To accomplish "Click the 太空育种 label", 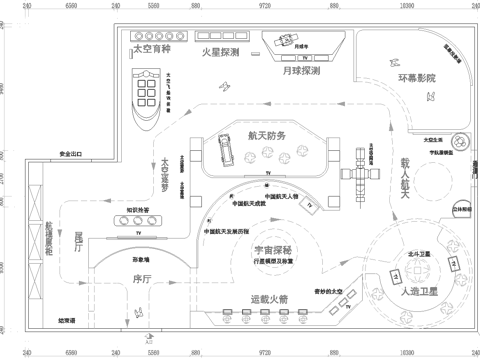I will pyautogui.click(x=152, y=48).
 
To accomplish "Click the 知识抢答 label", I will pyautogui.click(x=137, y=209).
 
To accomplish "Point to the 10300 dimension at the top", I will pyautogui.click(x=407, y=4).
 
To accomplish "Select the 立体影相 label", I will pyautogui.click(x=462, y=211).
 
